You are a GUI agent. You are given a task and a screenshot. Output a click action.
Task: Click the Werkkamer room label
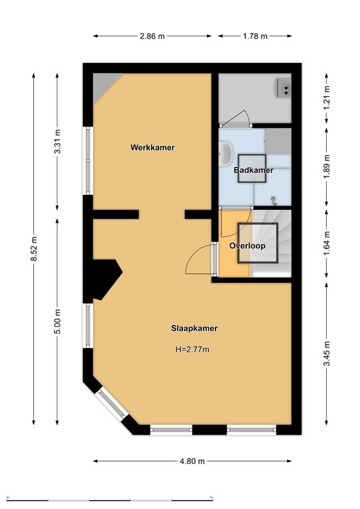pyautogui.click(x=152, y=147)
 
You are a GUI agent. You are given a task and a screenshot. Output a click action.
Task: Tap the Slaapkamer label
pyautogui.click(x=194, y=328)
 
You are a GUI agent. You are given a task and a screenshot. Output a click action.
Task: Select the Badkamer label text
pyautogui.click(x=253, y=170)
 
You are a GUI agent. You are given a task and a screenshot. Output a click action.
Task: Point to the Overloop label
pyautogui.click(x=247, y=246)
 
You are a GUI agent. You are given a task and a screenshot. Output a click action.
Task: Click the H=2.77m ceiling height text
pyautogui.click(x=192, y=350)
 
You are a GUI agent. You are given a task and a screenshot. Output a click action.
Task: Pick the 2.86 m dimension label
pyautogui.click(x=152, y=36)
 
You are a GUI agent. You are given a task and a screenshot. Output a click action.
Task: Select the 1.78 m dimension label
pyautogui.click(x=255, y=36)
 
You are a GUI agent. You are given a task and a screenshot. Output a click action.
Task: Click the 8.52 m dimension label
pyautogui.click(x=34, y=249)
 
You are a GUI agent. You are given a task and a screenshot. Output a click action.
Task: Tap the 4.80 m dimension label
pyautogui.click(x=192, y=461)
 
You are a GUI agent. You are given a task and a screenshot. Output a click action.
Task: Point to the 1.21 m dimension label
pyautogui.click(x=327, y=98)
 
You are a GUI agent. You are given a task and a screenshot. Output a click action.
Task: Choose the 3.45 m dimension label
pyautogui.click(x=327, y=353)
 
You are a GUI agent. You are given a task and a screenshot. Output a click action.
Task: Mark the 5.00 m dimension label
pyautogui.click(x=58, y=321)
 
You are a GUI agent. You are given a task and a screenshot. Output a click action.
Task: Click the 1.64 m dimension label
pyautogui.click(x=327, y=243)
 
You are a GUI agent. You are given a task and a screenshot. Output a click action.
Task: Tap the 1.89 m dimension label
pyautogui.click(x=327, y=166)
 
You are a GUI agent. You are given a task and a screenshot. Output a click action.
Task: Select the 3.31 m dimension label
pyautogui.click(x=58, y=142)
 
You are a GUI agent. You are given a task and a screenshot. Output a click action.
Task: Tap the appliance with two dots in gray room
pyautogui.click(x=284, y=88)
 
